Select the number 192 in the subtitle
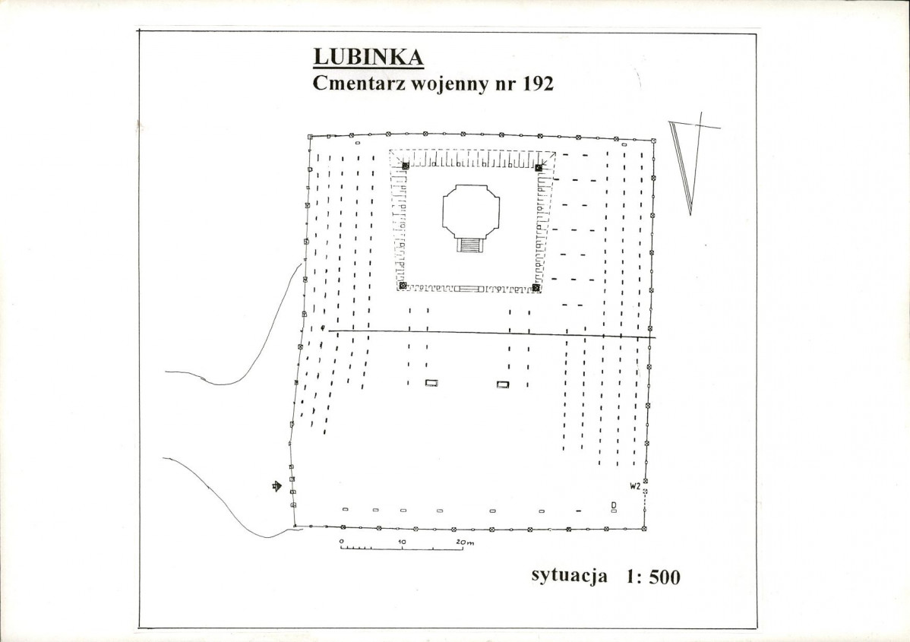(x=537, y=84)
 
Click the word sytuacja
(x=569, y=575)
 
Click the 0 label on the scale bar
(x=343, y=541)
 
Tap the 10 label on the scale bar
(x=402, y=541)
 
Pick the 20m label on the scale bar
(x=464, y=541)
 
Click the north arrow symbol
(x=687, y=163)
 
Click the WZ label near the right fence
(x=635, y=485)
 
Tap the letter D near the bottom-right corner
(x=613, y=505)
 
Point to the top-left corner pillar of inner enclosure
(x=405, y=166)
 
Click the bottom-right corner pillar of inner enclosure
(x=536, y=287)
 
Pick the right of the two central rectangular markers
(x=503, y=384)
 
